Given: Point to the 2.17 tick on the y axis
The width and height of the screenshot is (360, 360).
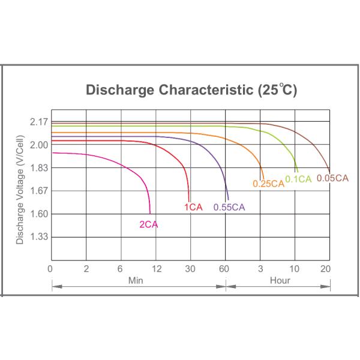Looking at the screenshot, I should click(x=38, y=122).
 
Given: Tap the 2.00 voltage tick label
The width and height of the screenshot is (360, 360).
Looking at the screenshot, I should click(x=38, y=145).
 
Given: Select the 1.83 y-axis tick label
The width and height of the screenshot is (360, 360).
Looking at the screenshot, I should click(x=38, y=168).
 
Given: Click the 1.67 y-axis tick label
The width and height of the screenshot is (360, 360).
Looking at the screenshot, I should click(x=38, y=191).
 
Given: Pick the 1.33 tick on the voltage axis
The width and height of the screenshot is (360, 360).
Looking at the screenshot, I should click(x=38, y=237).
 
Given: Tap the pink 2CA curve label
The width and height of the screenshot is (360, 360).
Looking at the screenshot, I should click(x=149, y=225).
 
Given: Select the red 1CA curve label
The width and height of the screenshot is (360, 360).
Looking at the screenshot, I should click(x=193, y=207).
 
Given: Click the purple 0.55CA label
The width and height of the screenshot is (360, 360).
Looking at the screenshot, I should click(x=229, y=208).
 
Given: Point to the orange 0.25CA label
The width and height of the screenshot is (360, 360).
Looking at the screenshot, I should click(x=268, y=184).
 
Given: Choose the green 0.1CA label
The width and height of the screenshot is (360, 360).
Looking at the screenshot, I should click(x=298, y=178).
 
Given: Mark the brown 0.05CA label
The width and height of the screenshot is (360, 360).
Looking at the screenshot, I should click(x=332, y=178).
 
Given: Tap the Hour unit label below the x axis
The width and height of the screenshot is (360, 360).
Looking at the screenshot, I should click(x=280, y=280).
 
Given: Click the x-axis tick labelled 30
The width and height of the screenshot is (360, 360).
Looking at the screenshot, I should click(x=191, y=268).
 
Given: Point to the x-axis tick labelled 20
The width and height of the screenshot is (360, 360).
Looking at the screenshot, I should click(x=326, y=268).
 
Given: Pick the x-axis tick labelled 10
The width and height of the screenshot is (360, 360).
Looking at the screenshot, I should click(x=295, y=268).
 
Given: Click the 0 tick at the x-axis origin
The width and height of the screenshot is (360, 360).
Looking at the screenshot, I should click(x=50, y=268).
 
